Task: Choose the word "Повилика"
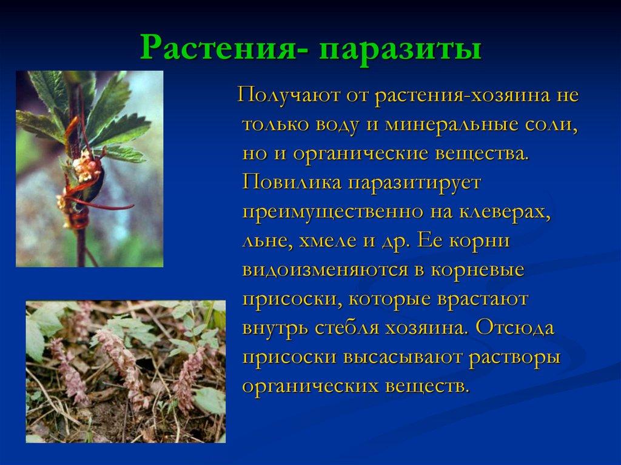click(x=292, y=182)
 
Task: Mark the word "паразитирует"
click(x=415, y=183)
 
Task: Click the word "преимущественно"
click(x=333, y=212)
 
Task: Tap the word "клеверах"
click(x=505, y=212)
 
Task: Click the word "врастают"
click(x=482, y=299)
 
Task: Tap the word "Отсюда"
click(x=515, y=327)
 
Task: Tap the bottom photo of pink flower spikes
click(x=126, y=372)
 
